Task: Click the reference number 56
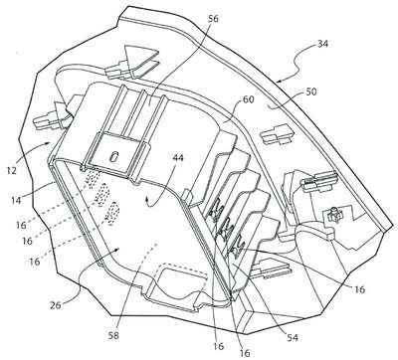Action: [213, 19]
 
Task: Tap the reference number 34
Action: [322, 44]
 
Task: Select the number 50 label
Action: [309, 91]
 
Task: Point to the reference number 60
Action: [248, 99]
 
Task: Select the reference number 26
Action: [56, 305]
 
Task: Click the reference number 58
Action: [112, 335]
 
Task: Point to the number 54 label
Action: [293, 338]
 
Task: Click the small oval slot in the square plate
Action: [114, 156]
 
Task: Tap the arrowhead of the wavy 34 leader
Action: [279, 81]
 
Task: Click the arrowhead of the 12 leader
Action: [49, 143]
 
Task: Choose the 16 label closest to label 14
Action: [21, 226]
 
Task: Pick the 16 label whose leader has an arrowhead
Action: [359, 289]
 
